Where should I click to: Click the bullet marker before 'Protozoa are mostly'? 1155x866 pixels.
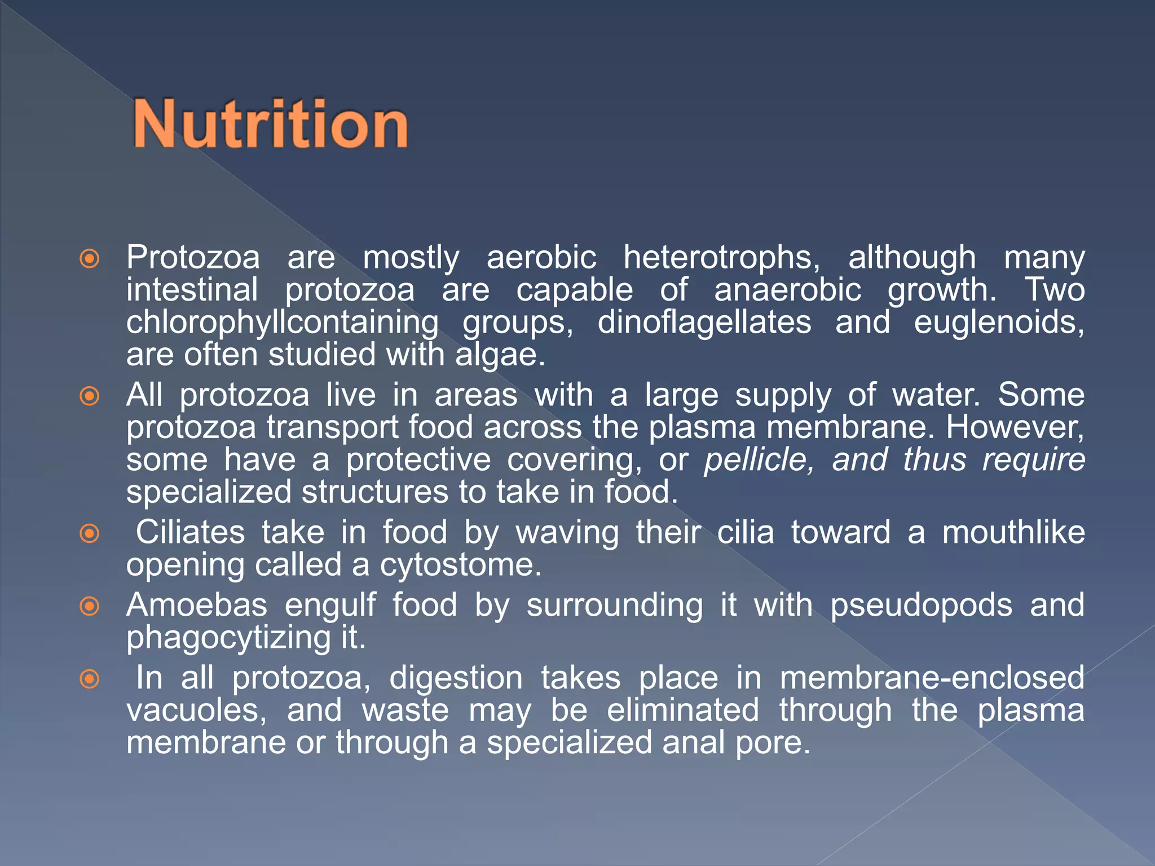90,259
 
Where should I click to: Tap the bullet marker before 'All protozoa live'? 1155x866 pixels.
90,396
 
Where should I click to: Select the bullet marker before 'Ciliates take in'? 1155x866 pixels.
90,533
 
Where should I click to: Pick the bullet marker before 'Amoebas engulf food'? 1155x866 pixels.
90,607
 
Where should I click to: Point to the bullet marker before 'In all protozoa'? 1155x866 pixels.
90,679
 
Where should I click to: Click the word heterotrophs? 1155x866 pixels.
721,258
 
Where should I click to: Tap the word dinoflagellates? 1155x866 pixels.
704,323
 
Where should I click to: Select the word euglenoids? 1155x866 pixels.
998,323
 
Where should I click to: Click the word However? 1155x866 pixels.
1015,427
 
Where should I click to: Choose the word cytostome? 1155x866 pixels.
460,565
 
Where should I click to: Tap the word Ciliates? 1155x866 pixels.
190,533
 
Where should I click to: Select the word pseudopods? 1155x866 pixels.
920,606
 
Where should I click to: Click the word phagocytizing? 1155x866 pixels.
228,638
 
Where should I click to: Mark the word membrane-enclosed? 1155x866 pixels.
932,678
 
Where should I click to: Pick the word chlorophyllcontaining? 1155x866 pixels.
282,323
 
